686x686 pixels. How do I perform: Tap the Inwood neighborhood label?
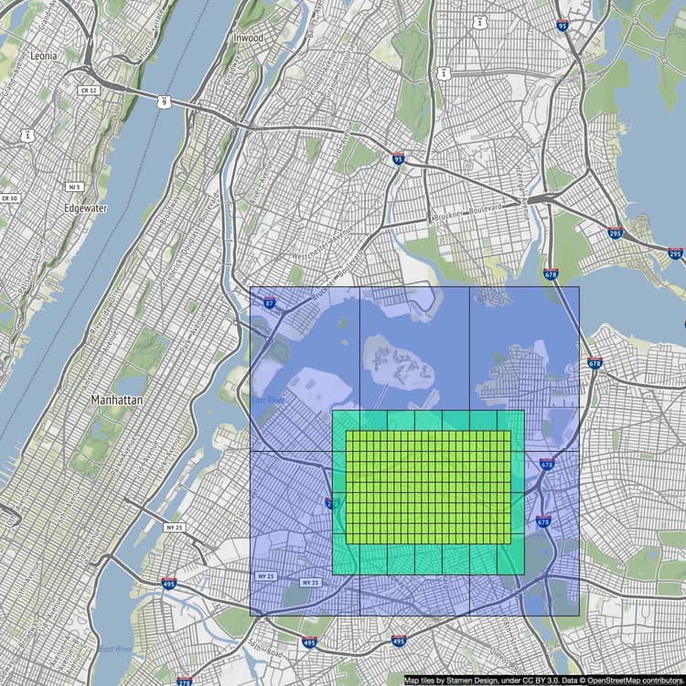pyautogui.click(x=248, y=38)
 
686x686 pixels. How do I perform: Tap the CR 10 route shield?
pyautogui.click(x=9, y=198)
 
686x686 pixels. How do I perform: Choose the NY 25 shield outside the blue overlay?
pyautogui.click(x=174, y=527)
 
